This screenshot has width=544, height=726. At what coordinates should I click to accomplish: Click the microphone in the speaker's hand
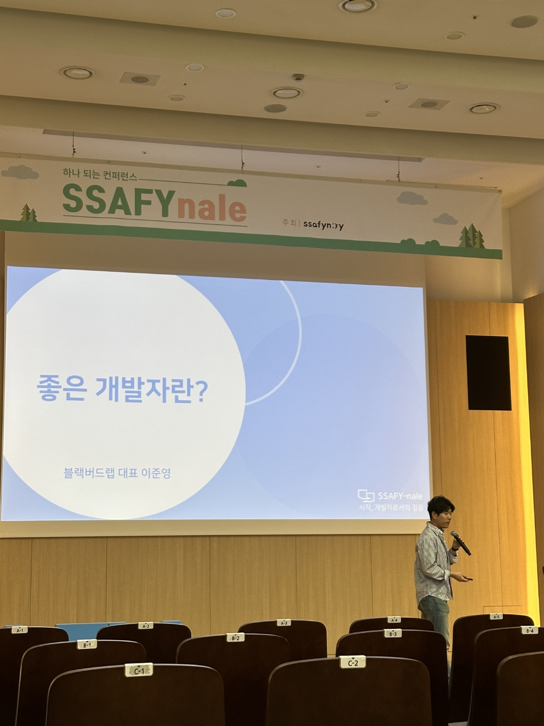coord(461,543)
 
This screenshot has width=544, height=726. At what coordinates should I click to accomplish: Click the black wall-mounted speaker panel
coord(487,373)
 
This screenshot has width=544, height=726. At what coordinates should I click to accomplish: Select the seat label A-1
coord(21,630)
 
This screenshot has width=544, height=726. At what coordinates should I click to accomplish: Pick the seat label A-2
coord(146,626)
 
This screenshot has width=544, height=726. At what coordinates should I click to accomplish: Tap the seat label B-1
coord(86,644)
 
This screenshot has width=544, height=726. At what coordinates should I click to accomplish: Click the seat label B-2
coord(235,638)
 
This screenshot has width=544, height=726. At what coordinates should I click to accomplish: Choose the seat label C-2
coord(353,663)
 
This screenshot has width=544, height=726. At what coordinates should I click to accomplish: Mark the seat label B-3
coord(393,634)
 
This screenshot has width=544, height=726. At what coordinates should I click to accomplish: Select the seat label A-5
coord(496,616)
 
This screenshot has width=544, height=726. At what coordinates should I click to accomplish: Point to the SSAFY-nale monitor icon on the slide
coord(366,495)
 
